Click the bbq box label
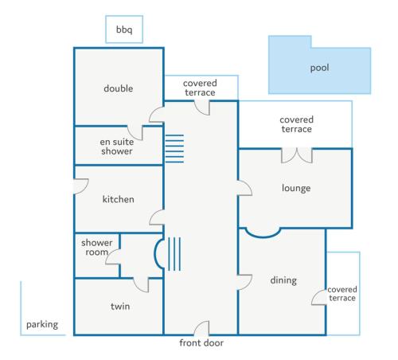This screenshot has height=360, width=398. tap(124, 29)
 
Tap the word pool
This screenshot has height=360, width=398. tap(320, 68)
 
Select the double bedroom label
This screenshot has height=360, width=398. tap(119, 88)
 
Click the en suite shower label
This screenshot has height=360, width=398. tap(117, 147)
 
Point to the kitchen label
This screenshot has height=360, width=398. tap(119, 199)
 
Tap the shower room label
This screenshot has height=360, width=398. tap(96, 248)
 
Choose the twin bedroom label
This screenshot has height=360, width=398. tap(120, 307)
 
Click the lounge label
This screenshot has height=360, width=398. tap(296, 188)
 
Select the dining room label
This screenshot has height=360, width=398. tap(283, 280)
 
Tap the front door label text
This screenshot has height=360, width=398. tap(201, 343)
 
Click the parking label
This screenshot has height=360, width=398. tap(42, 325)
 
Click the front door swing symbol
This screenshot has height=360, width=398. tap(201, 328)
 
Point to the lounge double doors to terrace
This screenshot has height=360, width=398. tap(297, 155)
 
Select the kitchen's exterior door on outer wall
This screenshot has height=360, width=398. tap(80, 186)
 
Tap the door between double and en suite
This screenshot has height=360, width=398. tap(135, 132)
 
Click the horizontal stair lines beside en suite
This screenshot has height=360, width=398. tap(174, 149)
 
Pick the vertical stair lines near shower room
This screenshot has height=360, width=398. tap(174, 254)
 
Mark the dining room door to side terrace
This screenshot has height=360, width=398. tap(319, 297)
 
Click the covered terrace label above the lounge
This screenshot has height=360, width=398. tap(297, 124)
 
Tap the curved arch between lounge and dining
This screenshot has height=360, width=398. tap(263, 233)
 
